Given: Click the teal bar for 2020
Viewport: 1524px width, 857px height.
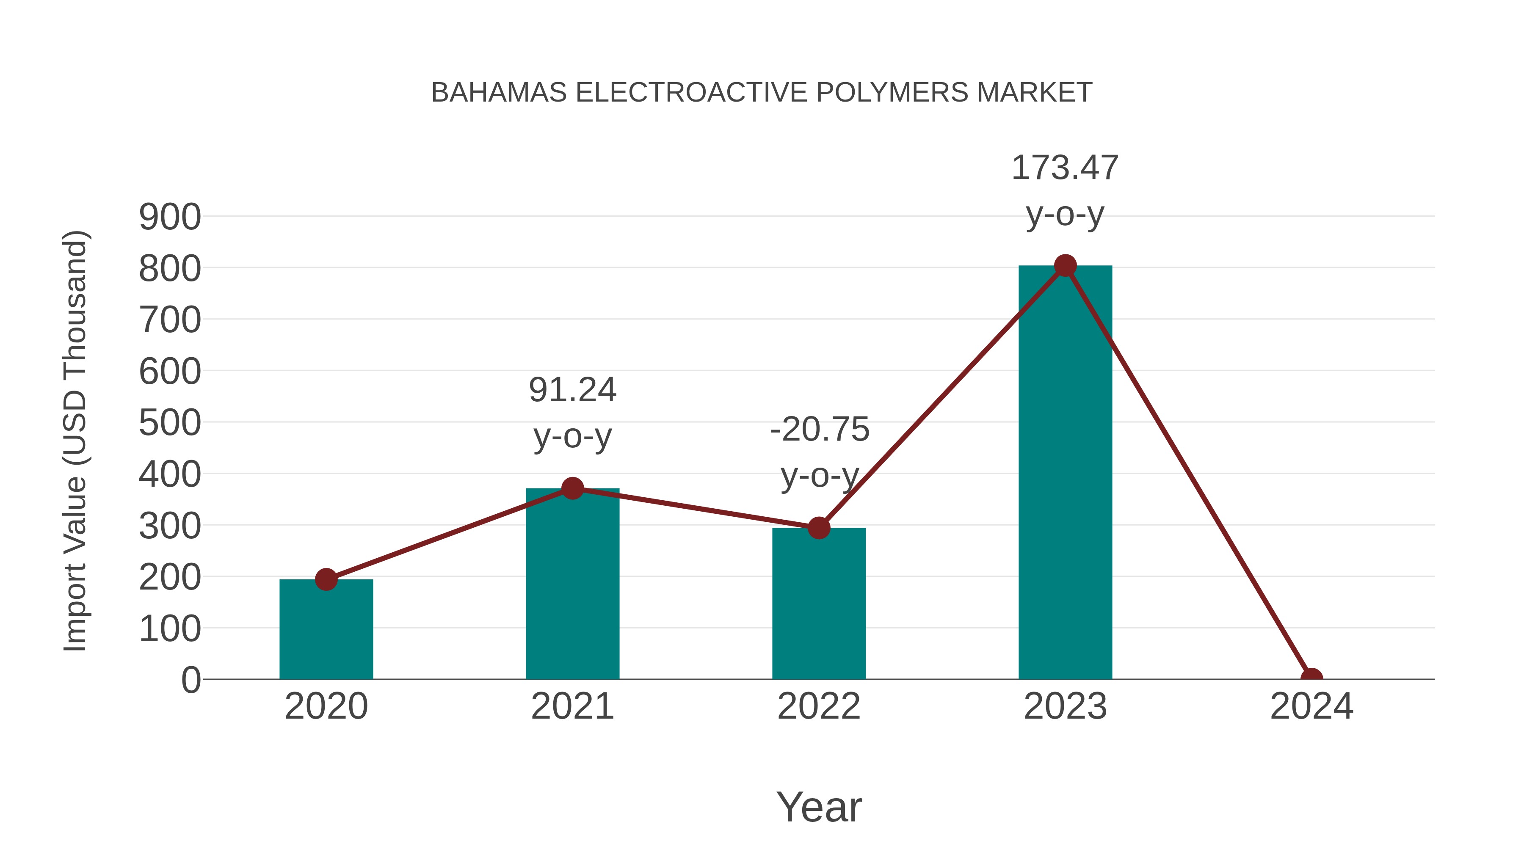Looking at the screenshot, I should (x=326, y=630).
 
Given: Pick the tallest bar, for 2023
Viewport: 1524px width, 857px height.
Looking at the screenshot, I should (x=1065, y=473).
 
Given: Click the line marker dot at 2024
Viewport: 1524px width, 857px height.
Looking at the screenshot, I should (x=1311, y=678).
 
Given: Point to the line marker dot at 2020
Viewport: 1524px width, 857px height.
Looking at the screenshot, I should (x=326, y=580).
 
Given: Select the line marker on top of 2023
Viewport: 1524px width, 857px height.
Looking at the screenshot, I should (x=1065, y=265).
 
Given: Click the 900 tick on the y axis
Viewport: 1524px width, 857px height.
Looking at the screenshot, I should (x=170, y=217).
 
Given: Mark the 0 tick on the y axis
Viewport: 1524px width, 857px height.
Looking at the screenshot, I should (x=190, y=680).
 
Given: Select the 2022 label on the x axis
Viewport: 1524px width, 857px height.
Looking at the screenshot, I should (x=818, y=706).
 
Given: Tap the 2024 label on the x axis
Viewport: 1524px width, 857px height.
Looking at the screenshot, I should (x=1311, y=706).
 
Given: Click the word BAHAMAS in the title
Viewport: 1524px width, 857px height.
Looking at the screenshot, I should (x=499, y=93).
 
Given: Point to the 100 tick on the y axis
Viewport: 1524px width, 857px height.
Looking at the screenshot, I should (x=170, y=629).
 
